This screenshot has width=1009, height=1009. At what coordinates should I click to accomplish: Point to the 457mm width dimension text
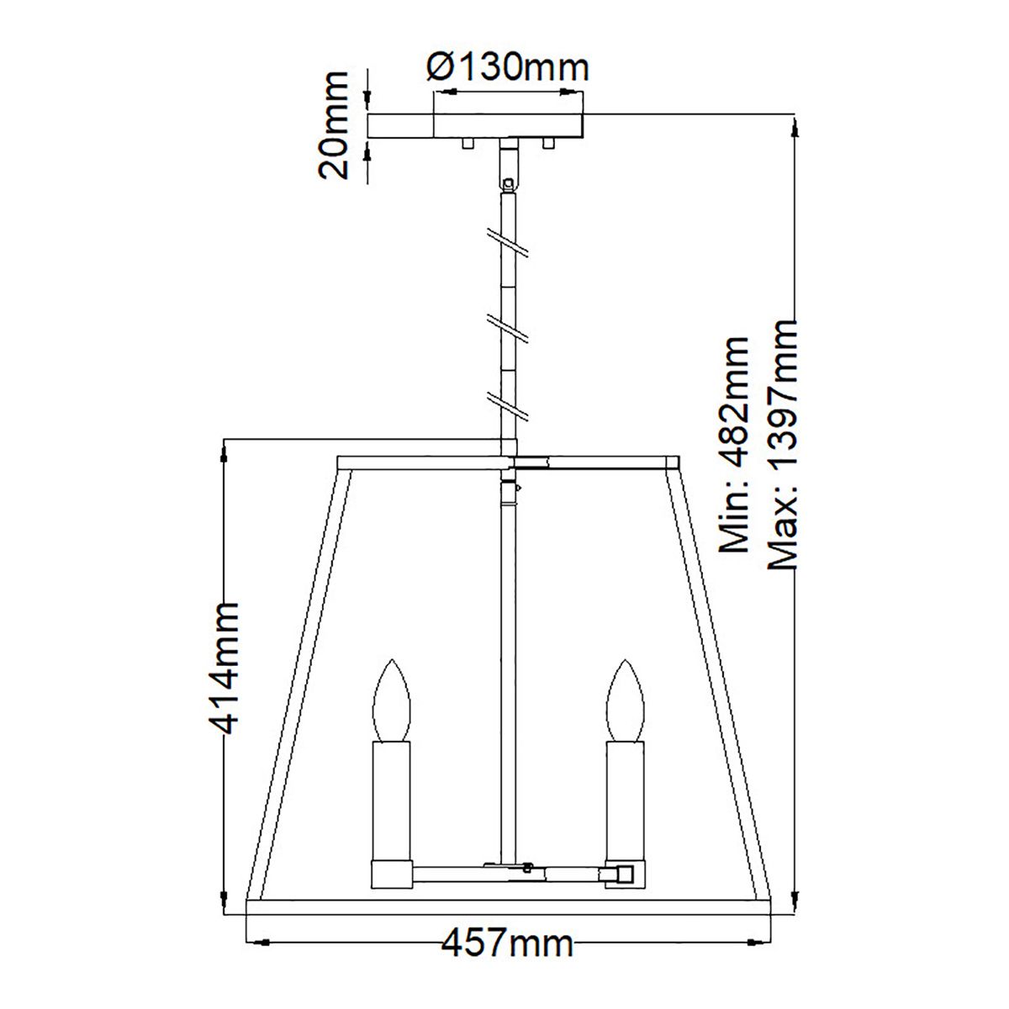(507, 943)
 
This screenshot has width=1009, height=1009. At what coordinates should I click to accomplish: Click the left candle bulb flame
(393, 700)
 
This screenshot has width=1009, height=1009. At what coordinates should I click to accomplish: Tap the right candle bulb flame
(626, 700)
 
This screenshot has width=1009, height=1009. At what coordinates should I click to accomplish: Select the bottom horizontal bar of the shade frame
(507, 906)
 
